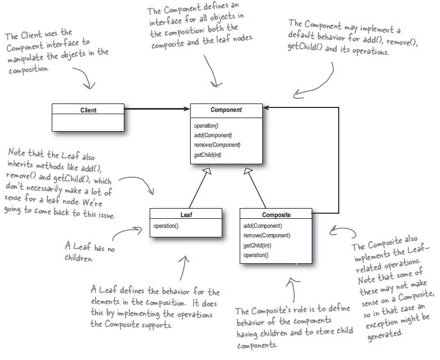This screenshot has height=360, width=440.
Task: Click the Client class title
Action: coord(88,110)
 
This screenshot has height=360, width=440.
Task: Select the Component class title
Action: coord(226,110)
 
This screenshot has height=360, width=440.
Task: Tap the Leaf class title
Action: coord(186,215)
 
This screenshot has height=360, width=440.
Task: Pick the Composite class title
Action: coord(276,215)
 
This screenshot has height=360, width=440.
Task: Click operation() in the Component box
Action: coord(207,125)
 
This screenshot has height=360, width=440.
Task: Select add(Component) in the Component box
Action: coord(213,135)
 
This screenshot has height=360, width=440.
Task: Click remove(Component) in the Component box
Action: coord(217,145)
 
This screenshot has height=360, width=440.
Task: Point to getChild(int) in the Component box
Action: coord(208,154)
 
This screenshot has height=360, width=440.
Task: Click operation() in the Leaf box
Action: coord(166,226)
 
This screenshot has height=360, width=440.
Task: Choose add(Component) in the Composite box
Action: coord(263,226)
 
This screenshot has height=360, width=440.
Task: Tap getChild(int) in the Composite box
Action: coord(257,245)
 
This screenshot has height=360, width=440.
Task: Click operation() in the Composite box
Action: coord(256,255)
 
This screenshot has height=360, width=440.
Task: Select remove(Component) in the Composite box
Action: coord(267,235)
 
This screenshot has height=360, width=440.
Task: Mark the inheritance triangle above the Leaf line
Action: coord(208,170)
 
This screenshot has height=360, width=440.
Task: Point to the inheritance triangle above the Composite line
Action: coord(249,170)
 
